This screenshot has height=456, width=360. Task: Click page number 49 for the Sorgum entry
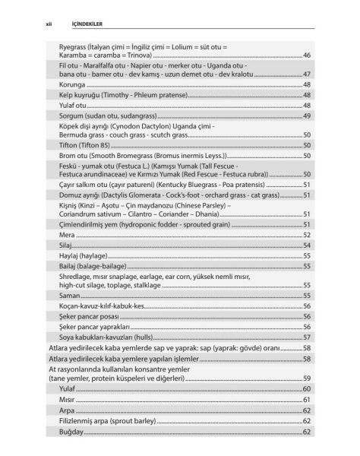(307, 116)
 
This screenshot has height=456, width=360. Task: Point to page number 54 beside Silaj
(307, 246)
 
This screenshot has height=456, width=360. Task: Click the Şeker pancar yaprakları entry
(96, 326)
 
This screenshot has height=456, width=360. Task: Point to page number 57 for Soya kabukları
(307, 337)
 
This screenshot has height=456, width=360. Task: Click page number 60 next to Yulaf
(307, 388)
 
